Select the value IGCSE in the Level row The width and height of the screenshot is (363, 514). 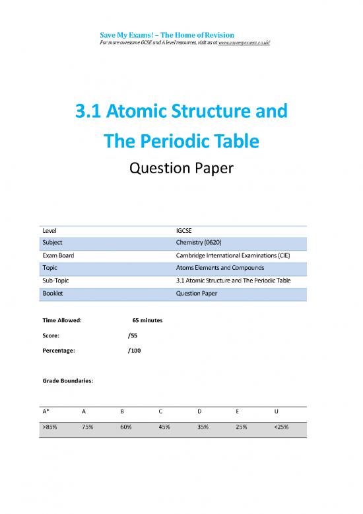[185, 231]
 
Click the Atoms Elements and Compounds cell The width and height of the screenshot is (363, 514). [220, 268]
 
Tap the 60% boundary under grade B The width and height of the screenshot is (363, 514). [126, 427]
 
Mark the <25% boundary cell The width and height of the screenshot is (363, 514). [281, 427]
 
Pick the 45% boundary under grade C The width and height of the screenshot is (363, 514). [164, 427]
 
